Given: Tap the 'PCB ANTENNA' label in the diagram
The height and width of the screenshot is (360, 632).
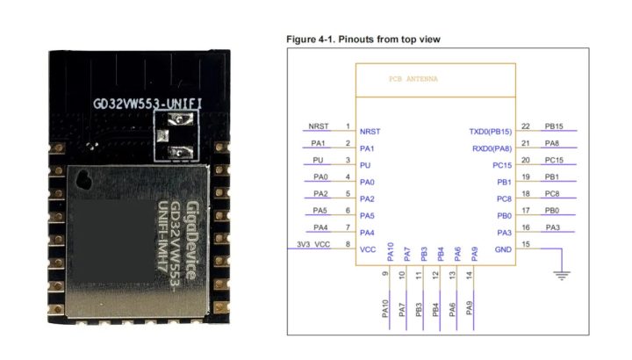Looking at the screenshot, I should tap(413, 79).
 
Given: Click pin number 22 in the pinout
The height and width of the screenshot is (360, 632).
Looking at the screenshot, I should tap(525, 127).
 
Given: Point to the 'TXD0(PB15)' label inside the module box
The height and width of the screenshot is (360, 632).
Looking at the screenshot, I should tap(491, 131).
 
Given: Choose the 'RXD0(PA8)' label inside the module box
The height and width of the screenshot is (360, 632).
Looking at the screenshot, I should tap(492, 148).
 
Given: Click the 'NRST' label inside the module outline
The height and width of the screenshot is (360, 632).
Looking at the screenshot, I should tap(369, 131).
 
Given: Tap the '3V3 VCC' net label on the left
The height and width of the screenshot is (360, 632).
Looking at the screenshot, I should tap(312, 246).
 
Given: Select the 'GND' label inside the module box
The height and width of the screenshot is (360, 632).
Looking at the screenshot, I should tap(503, 249).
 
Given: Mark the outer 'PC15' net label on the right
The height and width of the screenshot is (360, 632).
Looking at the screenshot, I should tap(554, 161).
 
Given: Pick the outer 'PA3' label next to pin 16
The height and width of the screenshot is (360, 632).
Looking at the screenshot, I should tap(552, 227).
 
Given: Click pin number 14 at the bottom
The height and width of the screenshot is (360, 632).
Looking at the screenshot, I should tap(469, 275).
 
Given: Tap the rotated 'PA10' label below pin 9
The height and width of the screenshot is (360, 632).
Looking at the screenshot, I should tap(385, 309).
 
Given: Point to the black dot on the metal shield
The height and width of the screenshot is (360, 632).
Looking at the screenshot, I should tap(85, 181).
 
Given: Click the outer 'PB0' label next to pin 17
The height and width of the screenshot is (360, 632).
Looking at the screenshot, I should tap(552, 211).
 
